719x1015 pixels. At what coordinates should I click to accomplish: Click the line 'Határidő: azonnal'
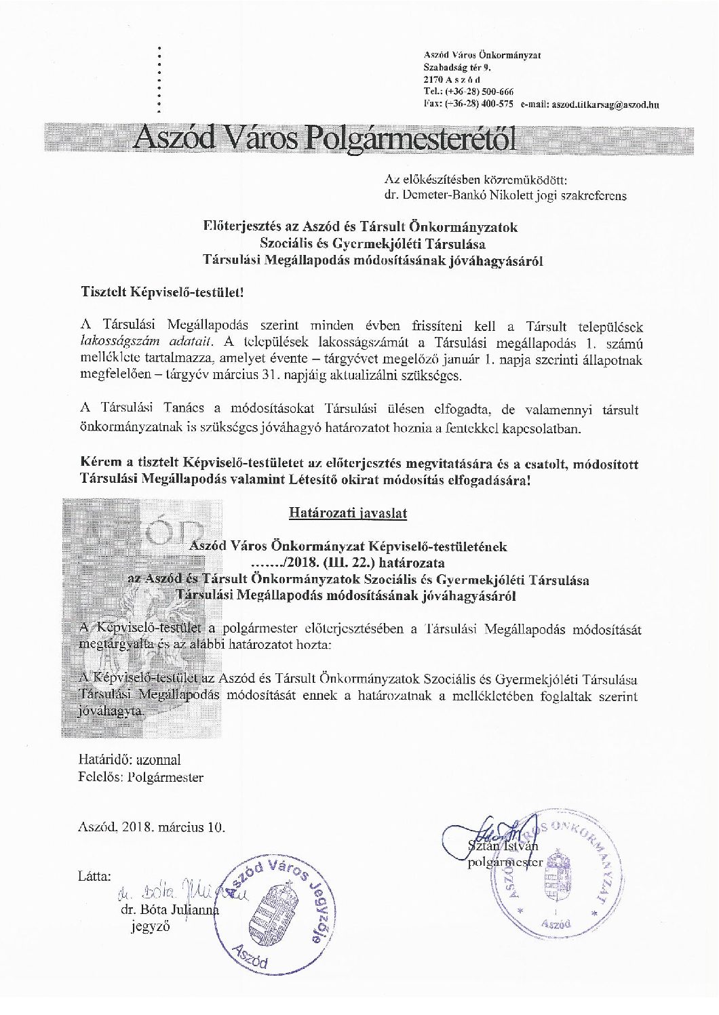130,760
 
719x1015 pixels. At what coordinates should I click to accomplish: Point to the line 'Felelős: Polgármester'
141,778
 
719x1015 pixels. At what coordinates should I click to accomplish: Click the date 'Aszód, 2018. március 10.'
152,827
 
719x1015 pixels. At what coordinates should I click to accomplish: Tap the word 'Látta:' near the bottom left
94,876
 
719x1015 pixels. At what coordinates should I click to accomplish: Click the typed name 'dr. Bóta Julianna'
170,911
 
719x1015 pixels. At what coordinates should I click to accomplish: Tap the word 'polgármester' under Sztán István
506,862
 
